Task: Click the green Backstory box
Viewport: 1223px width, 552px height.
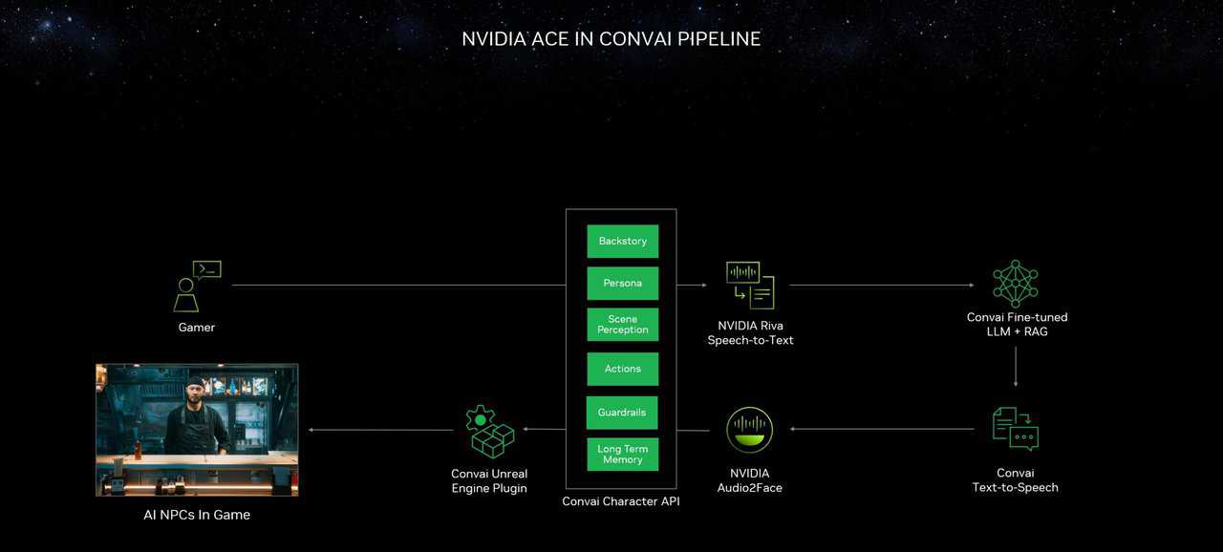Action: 622,242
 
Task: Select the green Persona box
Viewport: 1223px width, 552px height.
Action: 622,284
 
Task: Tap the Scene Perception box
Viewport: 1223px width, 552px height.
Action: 622,325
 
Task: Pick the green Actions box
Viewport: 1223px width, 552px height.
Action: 622,369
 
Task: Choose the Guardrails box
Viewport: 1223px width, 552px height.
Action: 622,413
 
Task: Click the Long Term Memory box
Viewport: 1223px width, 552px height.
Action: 622,455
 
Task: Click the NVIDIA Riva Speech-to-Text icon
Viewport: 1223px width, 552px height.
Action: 750,285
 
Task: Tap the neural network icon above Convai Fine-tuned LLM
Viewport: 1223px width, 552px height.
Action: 1015,284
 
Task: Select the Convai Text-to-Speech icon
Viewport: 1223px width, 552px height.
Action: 1015,429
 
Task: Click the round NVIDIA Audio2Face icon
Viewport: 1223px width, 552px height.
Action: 750,430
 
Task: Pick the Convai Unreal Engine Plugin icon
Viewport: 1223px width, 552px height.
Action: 489,432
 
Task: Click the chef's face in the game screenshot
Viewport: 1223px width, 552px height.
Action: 195,393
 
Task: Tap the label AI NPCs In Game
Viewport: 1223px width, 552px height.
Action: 196,515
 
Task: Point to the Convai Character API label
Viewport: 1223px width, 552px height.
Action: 621,501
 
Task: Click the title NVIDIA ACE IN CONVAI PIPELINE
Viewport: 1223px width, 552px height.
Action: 611,39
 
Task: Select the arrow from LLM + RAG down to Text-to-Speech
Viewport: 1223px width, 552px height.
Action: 1016,366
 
